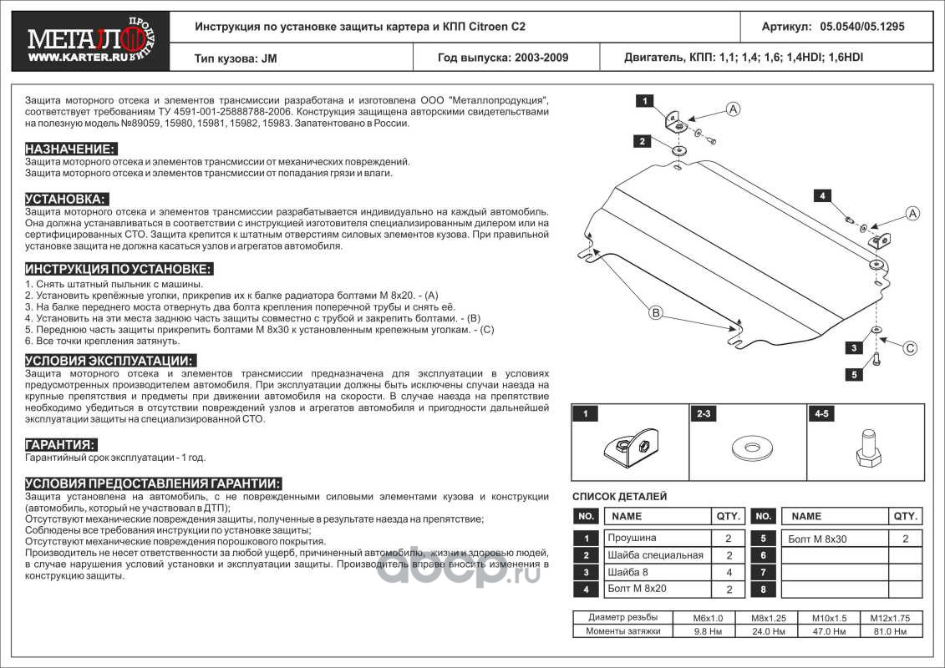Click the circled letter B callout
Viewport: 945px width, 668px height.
[657, 313]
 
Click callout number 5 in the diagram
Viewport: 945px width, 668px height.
[853, 375]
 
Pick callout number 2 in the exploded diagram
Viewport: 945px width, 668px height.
[641, 141]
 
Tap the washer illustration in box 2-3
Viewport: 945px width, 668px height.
[749, 447]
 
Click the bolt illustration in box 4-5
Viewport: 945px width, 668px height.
[866, 448]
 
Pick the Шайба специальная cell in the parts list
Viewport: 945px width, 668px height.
[655, 555]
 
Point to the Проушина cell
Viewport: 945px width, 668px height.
[632, 539]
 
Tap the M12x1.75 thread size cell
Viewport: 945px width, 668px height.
[888, 618]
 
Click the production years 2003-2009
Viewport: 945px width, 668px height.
[502, 58]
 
